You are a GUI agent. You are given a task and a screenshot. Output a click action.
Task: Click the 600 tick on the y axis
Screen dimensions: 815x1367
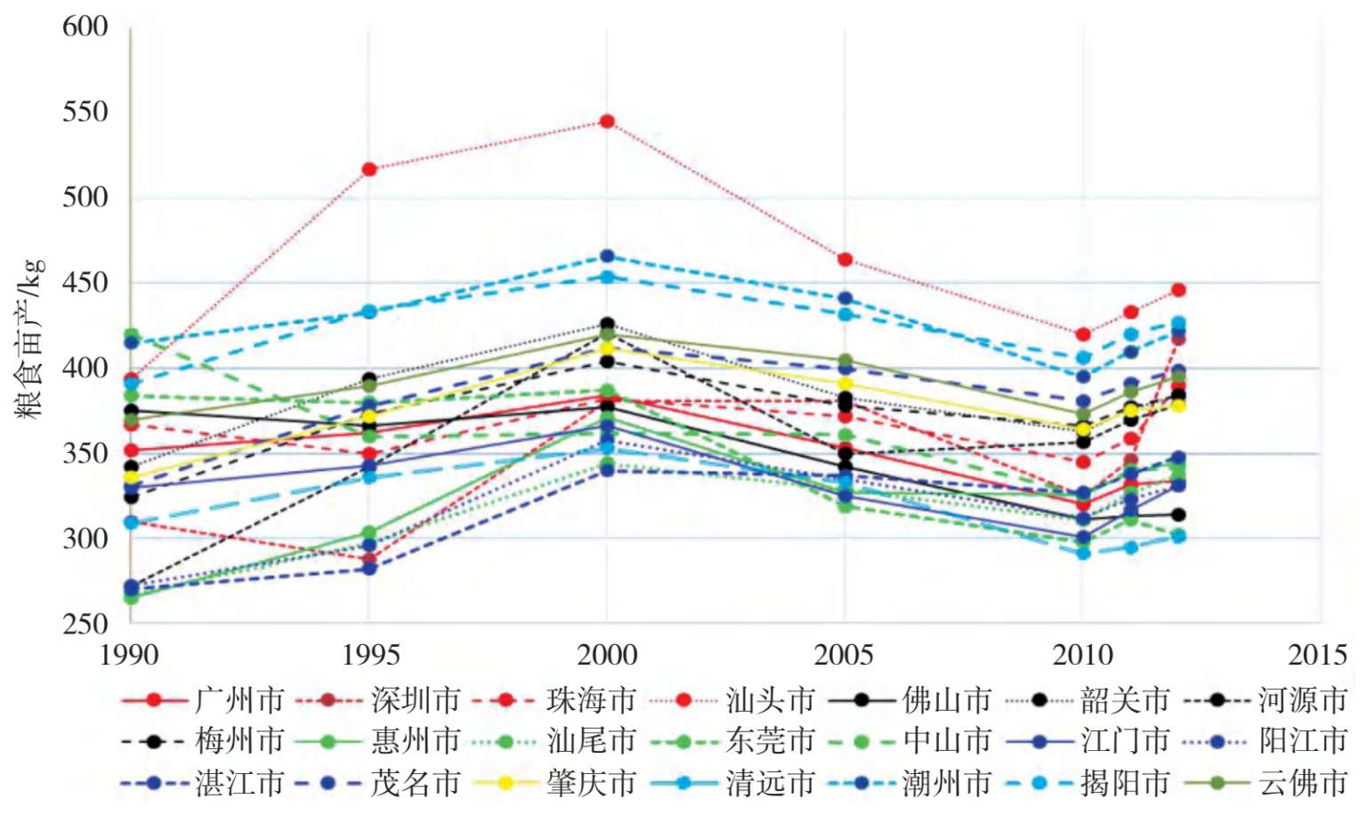click(x=85, y=27)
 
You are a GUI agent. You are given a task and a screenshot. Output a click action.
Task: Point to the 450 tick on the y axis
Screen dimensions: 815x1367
click(x=85, y=283)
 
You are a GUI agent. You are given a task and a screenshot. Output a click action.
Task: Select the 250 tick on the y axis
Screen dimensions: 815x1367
click(x=85, y=623)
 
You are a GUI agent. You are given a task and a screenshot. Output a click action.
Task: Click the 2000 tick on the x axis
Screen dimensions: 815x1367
click(x=607, y=656)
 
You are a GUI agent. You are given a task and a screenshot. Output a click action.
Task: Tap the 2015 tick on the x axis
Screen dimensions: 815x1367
click(x=1318, y=656)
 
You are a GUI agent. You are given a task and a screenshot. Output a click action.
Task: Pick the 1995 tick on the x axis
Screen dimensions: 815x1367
click(x=370, y=656)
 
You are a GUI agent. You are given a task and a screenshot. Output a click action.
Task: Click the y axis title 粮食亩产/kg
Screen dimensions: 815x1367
click(x=30, y=338)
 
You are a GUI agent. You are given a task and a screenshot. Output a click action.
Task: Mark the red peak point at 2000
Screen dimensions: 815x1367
click(x=607, y=121)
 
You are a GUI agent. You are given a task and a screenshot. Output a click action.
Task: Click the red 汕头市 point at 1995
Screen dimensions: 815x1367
click(x=369, y=169)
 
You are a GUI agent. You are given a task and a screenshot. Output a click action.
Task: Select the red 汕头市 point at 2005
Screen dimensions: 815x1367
click(x=845, y=260)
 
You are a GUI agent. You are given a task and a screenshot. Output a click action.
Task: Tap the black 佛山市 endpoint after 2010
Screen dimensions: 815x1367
click(x=1178, y=514)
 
